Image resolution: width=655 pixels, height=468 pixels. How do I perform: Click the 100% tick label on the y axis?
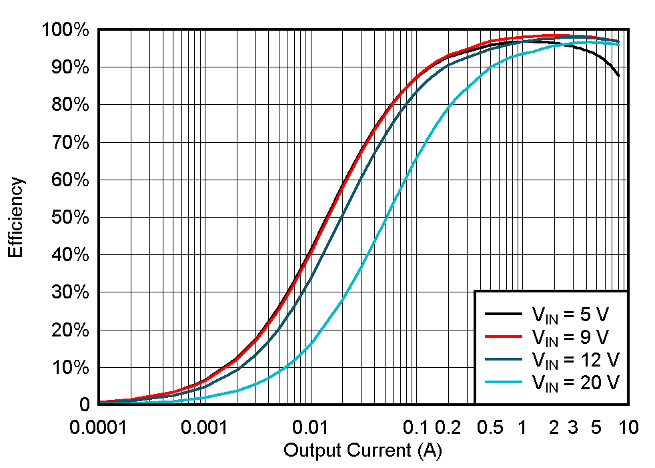(x=65, y=30)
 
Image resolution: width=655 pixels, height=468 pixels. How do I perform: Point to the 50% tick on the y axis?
(x=69, y=218)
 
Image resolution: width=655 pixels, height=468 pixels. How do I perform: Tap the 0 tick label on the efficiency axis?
(x=85, y=405)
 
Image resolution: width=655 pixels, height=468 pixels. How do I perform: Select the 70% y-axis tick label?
(x=69, y=143)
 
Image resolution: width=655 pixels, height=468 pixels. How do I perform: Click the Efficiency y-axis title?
(x=16, y=218)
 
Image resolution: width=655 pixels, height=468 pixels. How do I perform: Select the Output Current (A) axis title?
(x=363, y=451)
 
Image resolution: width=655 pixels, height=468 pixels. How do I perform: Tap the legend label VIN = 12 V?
(x=576, y=361)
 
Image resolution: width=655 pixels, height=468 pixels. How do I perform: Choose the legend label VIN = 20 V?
(x=576, y=383)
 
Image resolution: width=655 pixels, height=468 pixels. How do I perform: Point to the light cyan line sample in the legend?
(x=504, y=381)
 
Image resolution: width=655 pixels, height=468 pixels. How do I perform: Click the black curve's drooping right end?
(x=618, y=75)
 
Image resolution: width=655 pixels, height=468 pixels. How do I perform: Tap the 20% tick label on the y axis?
(x=69, y=330)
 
